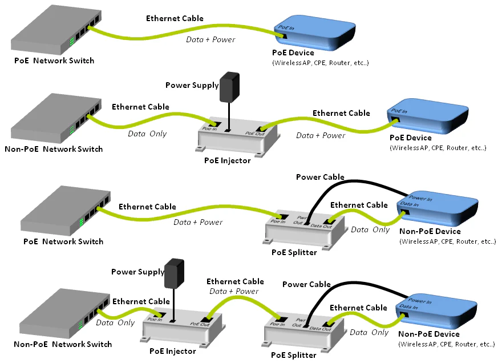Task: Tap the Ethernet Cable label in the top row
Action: pos(175,18)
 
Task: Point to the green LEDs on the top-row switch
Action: pos(72,42)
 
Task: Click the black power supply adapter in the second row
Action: pos(229,86)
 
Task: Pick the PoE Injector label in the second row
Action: pos(227,160)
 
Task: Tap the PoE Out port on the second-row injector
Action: pos(262,130)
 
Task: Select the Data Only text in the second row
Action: pos(147,133)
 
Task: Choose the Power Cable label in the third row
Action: pos(320,177)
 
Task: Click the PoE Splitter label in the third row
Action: pos(294,252)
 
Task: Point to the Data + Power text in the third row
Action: pos(198,222)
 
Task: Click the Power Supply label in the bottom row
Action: pos(137,272)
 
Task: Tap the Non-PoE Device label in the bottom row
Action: pos(430,334)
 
